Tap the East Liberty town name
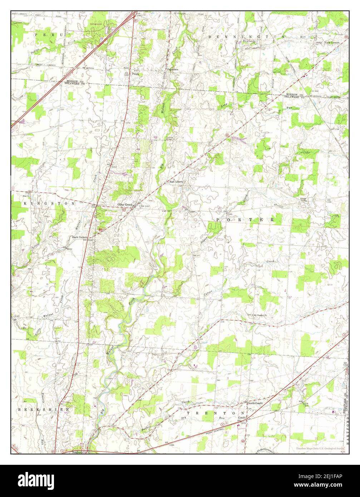pyautogui.click(x=176, y=182)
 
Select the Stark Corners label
pyautogui.click(x=80, y=237)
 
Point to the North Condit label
pyautogui.click(x=255, y=403)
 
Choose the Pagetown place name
pyautogui.click(x=173, y=69)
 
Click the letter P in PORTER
pyautogui.click(x=218, y=219)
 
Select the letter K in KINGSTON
pyautogui.click(x=25, y=203)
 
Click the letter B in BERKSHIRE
pyautogui.click(x=20, y=409)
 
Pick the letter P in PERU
pyautogui.click(x=36, y=34)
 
